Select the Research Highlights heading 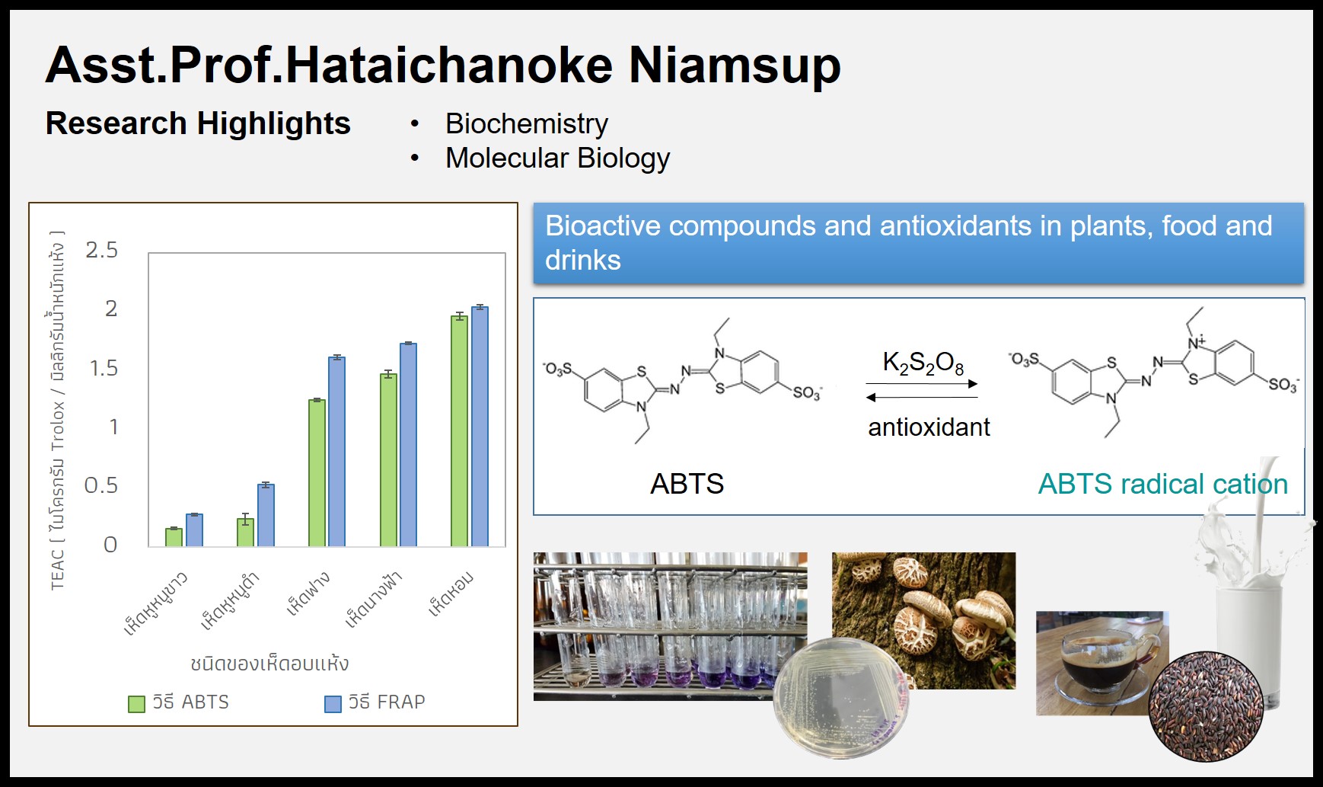click(198, 123)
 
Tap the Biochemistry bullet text click(527, 123)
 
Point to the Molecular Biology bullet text click(557, 158)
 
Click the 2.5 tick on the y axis click(102, 250)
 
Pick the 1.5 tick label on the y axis click(104, 368)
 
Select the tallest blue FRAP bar click(480, 427)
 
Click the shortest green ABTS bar click(174, 537)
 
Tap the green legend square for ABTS click(136, 704)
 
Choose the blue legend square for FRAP click(333, 704)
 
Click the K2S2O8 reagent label click(923, 363)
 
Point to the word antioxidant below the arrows click(929, 427)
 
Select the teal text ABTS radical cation click(1163, 484)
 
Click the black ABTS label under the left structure click(687, 484)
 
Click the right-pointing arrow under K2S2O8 click(922, 384)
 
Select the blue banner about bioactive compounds click(919, 244)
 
